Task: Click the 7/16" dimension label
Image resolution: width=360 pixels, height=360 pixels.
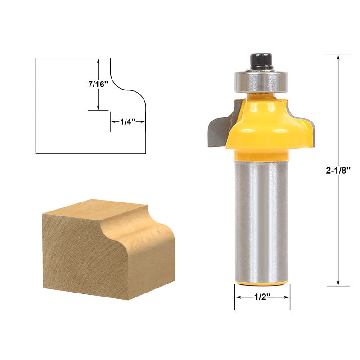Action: point(98,85)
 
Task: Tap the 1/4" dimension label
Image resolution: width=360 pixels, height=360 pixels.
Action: point(128,121)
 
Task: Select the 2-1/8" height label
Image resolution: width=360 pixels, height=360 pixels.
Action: point(338,171)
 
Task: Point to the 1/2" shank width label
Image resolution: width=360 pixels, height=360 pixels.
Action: point(262,297)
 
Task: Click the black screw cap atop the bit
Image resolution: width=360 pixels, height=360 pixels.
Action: point(261,61)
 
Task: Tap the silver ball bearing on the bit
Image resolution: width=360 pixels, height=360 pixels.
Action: point(261,81)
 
